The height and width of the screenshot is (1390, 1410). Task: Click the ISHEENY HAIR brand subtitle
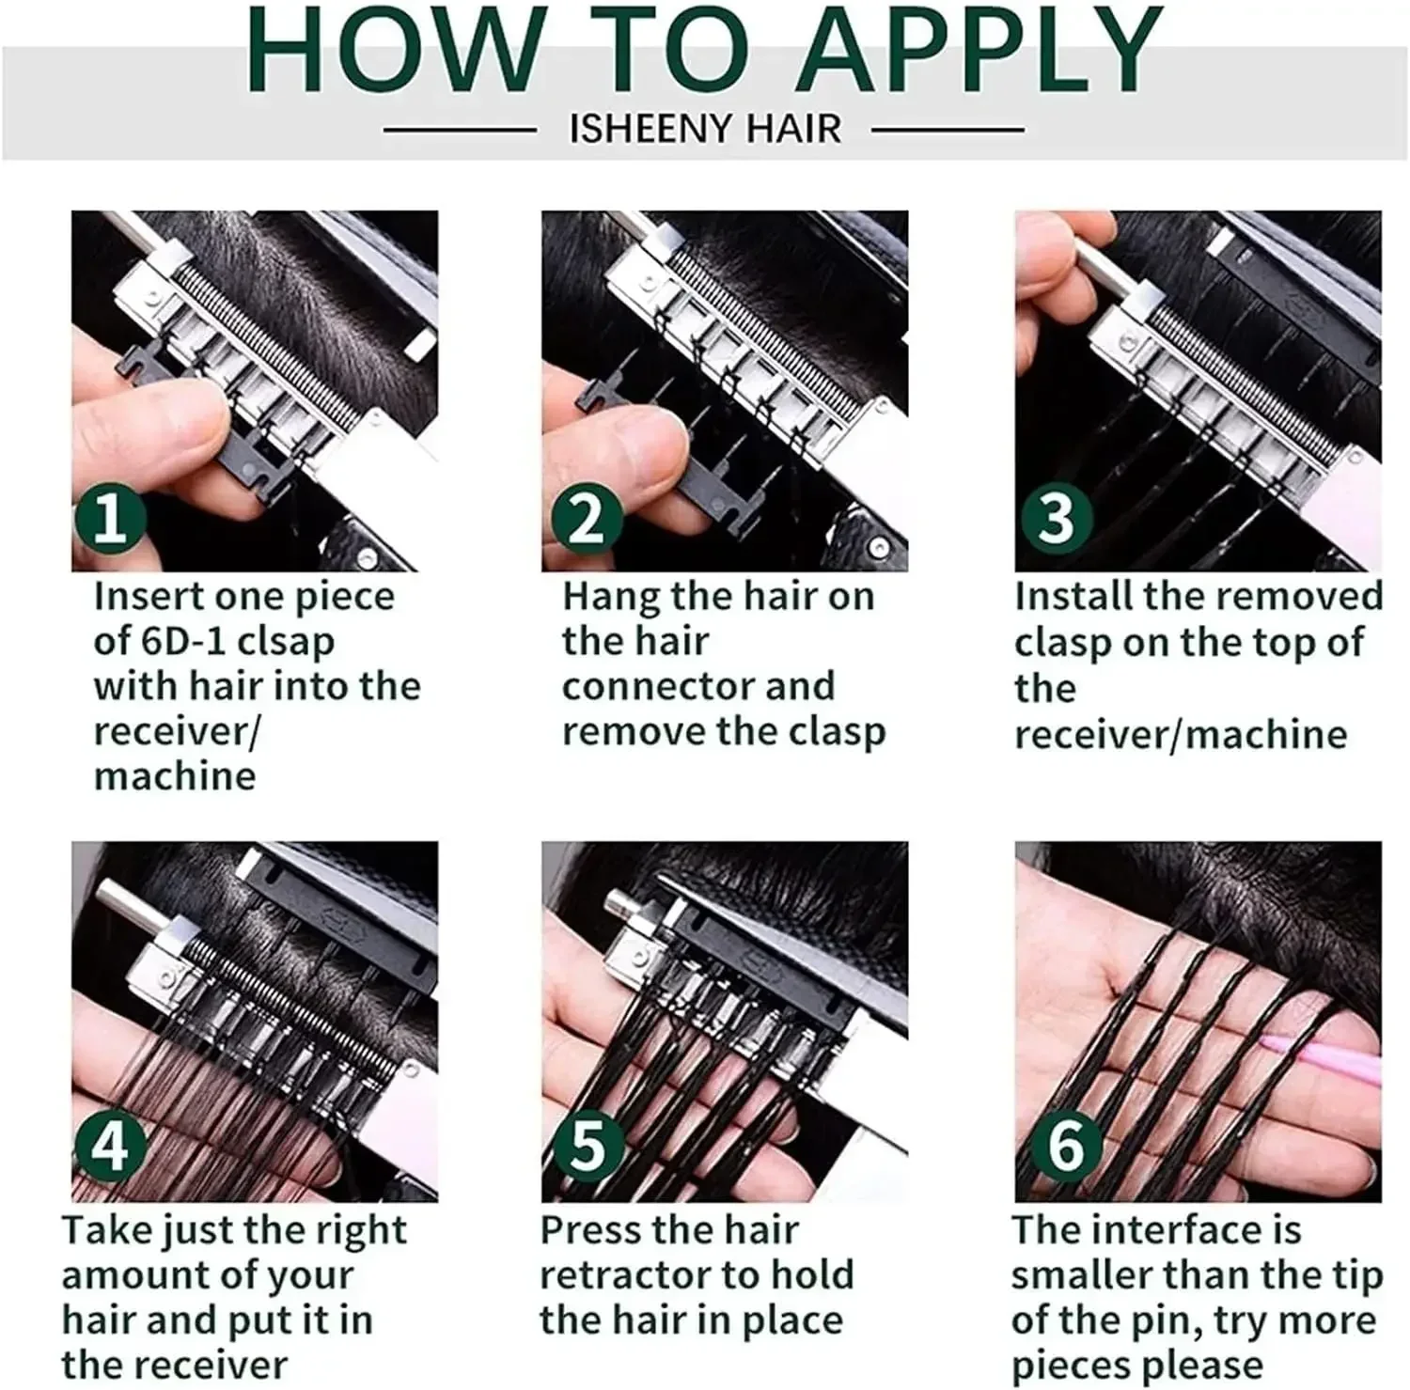(705, 129)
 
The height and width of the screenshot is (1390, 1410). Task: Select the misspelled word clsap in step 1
(286, 642)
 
